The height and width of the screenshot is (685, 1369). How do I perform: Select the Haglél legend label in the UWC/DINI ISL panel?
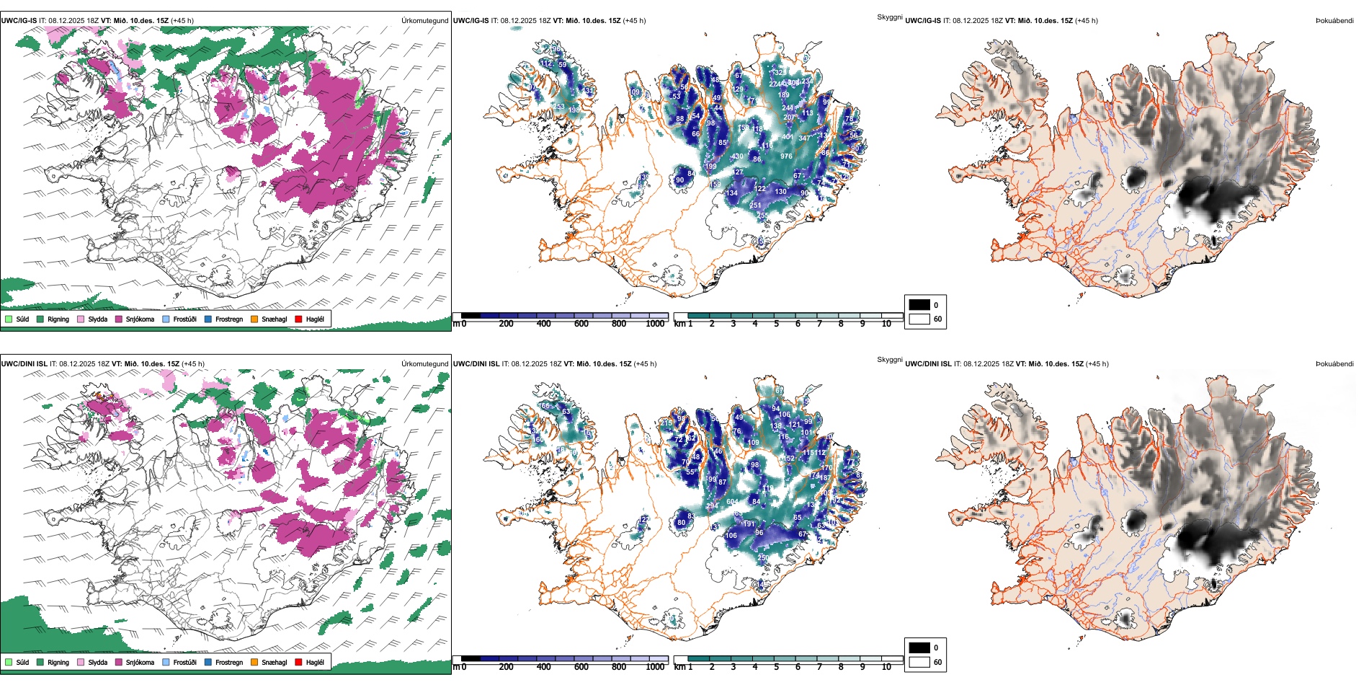[x=315, y=662]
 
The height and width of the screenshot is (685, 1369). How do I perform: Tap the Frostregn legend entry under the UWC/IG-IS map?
[x=228, y=319]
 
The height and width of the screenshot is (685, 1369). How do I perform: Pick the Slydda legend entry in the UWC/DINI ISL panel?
[x=97, y=662]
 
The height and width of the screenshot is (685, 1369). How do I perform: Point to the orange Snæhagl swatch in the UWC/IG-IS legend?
[x=254, y=319]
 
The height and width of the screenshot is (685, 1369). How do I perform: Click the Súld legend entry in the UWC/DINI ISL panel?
[x=22, y=662]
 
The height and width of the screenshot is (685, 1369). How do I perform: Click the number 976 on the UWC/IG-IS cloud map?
[x=786, y=156]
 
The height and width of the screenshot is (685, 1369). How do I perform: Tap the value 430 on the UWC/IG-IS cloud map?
[x=737, y=156]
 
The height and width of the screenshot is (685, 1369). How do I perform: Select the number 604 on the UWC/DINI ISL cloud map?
[x=732, y=502]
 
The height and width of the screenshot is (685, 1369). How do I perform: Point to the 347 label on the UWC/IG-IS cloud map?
[x=804, y=138]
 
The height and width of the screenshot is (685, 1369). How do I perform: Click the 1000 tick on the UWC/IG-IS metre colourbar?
[x=655, y=324]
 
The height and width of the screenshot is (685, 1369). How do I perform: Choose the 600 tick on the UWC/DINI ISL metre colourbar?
[x=581, y=667]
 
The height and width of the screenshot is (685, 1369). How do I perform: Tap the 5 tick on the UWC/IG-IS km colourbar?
[x=776, y=324]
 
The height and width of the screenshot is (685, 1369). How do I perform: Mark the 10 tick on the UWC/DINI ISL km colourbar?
[x=886, y=667]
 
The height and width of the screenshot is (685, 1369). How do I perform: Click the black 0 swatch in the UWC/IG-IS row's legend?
[x=919, y=305]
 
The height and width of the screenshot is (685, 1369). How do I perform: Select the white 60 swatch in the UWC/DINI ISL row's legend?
[x=919, y=662]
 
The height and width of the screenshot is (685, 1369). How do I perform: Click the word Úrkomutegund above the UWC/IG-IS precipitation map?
[x=424, y=21]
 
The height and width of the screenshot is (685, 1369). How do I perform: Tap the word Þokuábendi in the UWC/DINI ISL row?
[x=1334, y=364]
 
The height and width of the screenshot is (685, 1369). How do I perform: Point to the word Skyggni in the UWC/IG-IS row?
[x=889, y=17]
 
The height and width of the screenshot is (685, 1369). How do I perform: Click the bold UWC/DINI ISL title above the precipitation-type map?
[x=24, y=364]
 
